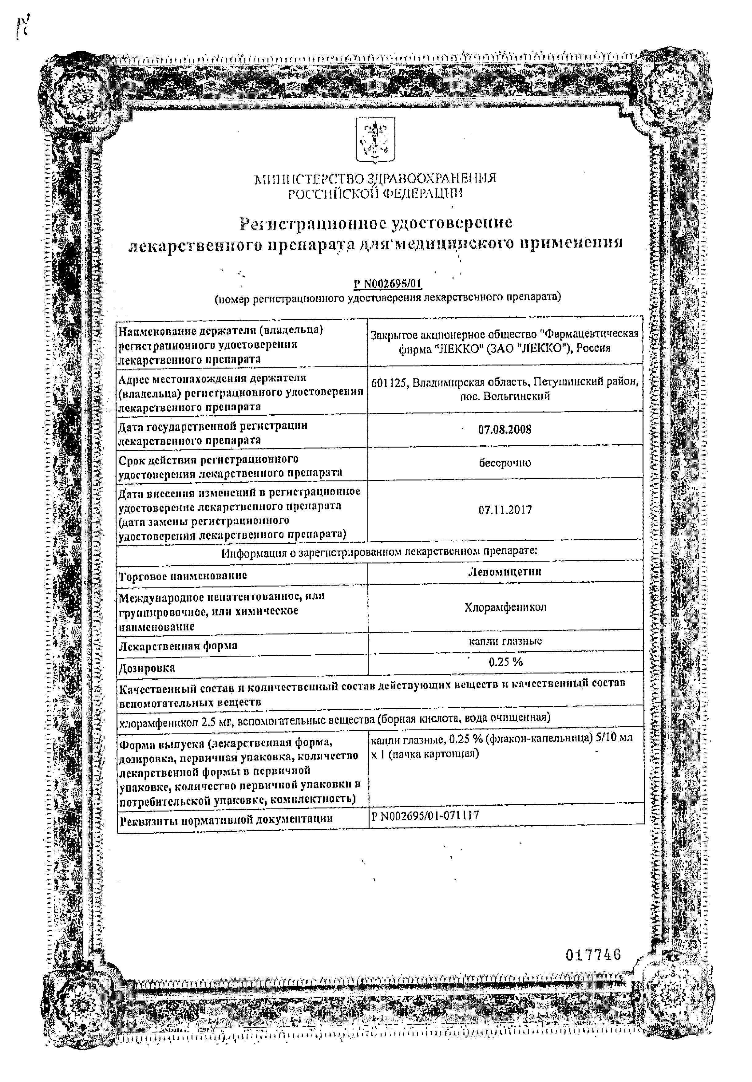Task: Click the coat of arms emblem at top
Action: pos(375,140)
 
